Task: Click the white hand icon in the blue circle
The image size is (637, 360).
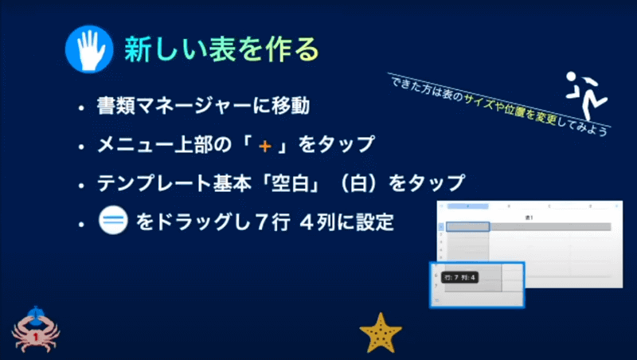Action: [x=90, y=50]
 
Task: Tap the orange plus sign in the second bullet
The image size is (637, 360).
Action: [x=264, y=146]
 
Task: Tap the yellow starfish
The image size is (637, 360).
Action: [x=380, y=332]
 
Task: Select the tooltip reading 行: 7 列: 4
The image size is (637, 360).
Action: [x=459, y=277]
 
